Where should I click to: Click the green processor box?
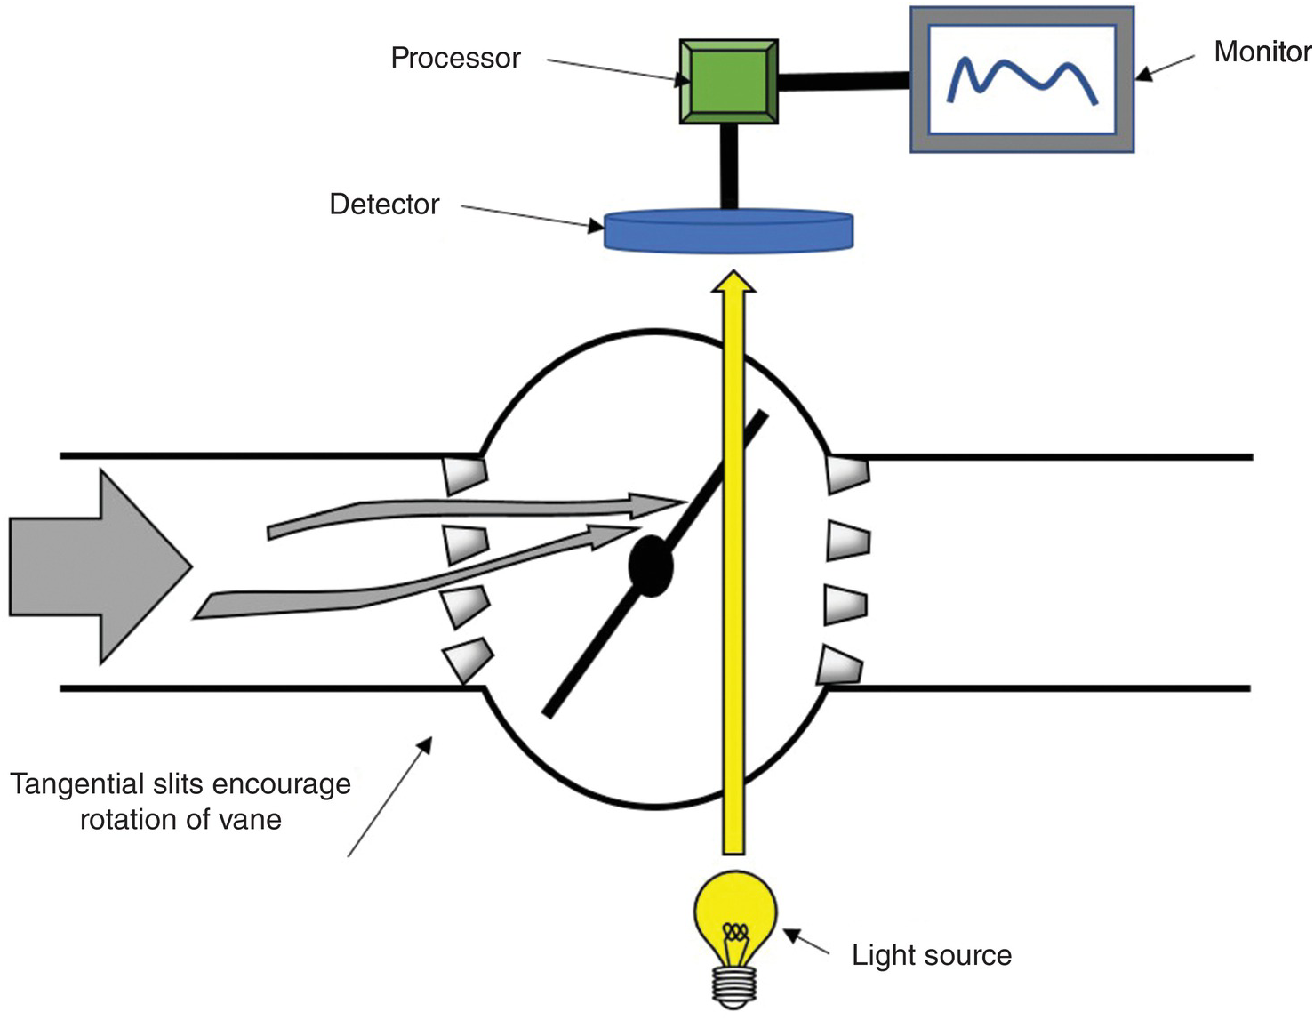[728, 81]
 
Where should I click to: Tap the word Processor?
[455, 59]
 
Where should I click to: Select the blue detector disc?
[728, 231]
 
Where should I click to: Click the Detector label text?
[384, 205]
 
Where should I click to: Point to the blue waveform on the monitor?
[1021, 78]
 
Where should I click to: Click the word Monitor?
[1262, 52]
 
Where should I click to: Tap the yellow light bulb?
[734, 916]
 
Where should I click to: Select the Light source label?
[931, 956]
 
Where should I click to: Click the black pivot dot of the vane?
[651, 566]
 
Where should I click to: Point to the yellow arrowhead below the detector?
[734, 281]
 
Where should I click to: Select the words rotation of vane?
[180, 820]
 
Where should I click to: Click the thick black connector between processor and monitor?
[844, 81]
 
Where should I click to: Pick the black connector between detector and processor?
[729, 166]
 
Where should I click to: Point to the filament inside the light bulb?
[734, 933]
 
